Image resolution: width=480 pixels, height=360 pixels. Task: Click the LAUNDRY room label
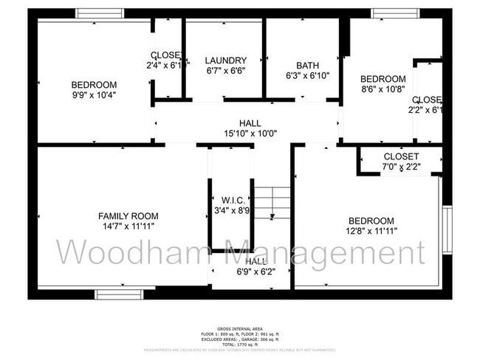pyautogui.click(x=226, y=60)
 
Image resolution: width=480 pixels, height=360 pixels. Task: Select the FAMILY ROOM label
pyautogui.click(x=128, y=215)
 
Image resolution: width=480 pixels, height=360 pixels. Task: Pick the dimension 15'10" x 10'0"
pyautogui.click(x=250, y=134)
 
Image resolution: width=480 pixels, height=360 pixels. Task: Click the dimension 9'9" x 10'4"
pyautogui.click(x=95, y=94)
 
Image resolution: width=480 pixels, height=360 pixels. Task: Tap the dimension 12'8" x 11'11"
pyautogui.click(x=371, y=231)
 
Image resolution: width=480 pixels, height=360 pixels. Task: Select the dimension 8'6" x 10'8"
pyautogui.click(x=383, y=89)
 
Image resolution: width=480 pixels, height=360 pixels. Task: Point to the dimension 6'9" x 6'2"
pyautogui.click(x=256, y=272)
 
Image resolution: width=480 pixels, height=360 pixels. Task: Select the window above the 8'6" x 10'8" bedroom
pyautogui.click(x=396, y=13)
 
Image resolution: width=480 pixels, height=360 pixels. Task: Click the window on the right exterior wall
pyautogui.click(x=447, y=229)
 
